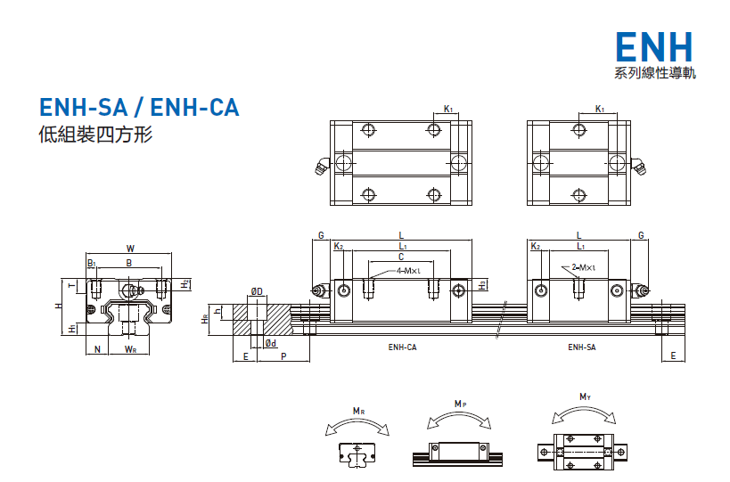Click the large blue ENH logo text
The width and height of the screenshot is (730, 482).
point(655,46)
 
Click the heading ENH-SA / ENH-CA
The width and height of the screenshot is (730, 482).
point(139,108)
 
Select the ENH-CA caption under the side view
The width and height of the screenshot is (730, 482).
point(402,347)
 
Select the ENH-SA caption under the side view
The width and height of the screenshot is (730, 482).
point(581,347)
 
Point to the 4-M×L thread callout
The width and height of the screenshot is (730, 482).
point(408,270)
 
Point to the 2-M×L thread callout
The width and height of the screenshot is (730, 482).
point(583,267)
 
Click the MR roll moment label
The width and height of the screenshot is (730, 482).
point(357,411)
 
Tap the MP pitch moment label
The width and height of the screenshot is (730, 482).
point(460,404)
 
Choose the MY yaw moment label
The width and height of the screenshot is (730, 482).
point(585,396)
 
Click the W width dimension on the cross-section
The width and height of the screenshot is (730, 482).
point(130,249)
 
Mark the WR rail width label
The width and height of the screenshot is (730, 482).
point(130,349)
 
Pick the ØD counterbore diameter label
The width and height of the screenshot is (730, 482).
point(256,291)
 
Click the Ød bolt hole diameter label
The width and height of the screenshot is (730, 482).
point(271,343)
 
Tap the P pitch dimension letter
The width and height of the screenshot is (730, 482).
point(283,355)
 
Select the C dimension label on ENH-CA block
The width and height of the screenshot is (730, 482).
point(402,256)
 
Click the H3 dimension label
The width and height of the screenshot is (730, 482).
point(482,285)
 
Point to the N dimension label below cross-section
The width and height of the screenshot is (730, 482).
point(97,349)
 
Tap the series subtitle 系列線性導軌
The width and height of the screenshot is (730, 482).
point(655,73)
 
